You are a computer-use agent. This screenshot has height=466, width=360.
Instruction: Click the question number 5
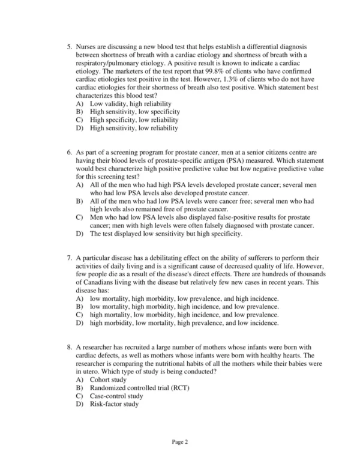pos(69,46)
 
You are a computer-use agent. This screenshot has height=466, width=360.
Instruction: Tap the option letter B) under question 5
pos(80,112)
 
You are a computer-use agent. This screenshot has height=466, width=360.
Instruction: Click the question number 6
pos(69,154)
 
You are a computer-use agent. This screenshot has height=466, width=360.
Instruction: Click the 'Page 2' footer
pos(180,443)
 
